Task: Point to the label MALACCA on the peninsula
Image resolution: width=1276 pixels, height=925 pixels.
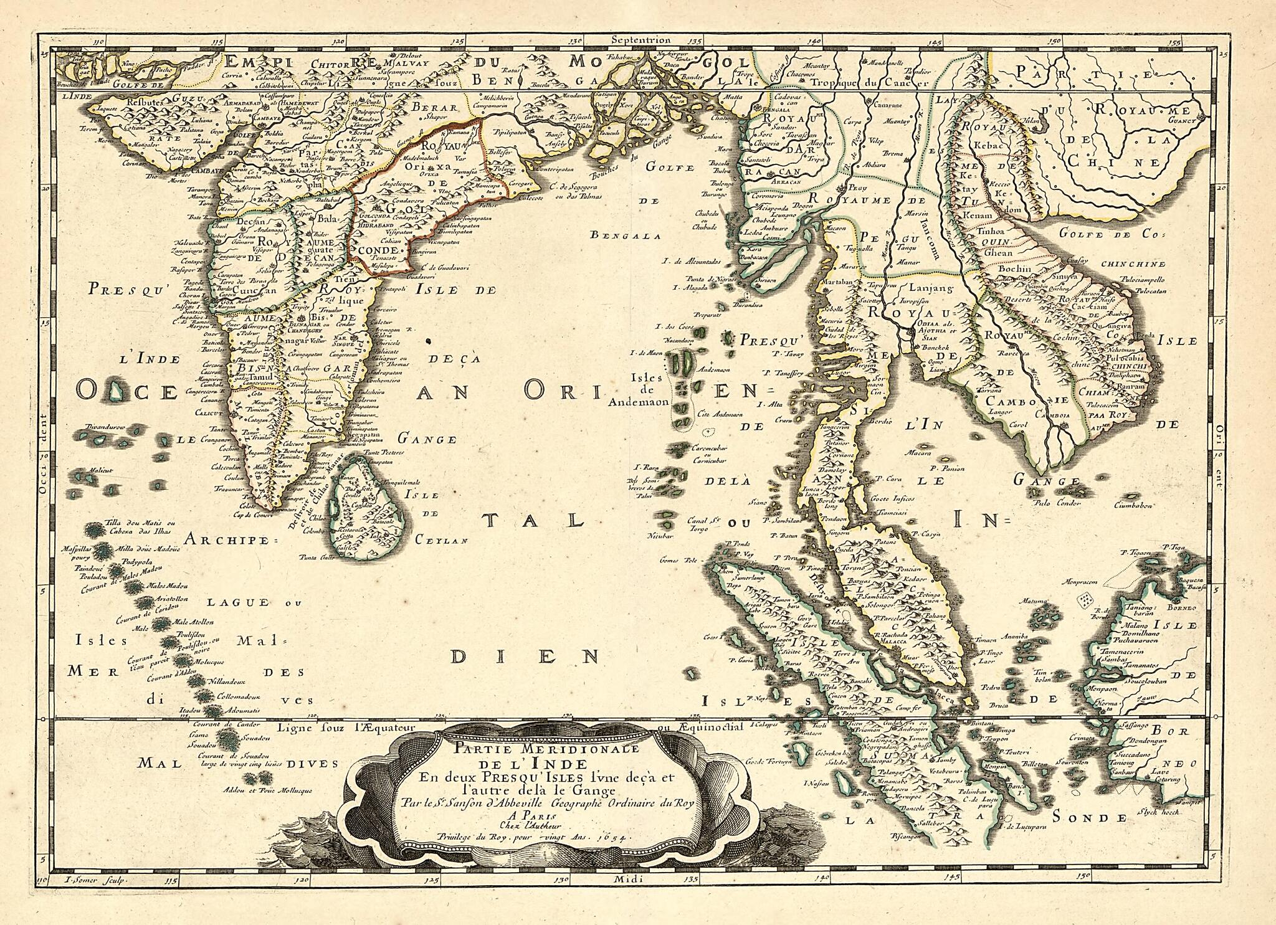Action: pyautogui.click(x=892, y=639)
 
